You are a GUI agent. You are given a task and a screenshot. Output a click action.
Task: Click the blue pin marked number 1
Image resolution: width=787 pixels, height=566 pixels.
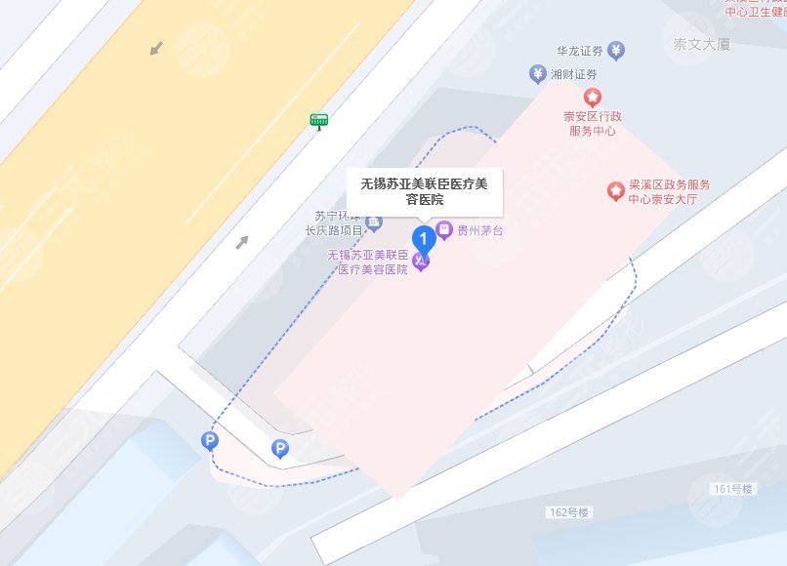423,237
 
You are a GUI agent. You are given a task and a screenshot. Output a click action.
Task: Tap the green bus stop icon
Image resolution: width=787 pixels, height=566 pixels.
318,120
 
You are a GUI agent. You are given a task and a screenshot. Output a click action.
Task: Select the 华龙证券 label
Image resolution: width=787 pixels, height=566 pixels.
580,50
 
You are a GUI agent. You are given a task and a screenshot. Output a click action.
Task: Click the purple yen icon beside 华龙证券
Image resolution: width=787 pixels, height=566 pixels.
615,50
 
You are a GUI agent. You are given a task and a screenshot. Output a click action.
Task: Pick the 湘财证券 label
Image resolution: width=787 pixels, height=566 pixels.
571,74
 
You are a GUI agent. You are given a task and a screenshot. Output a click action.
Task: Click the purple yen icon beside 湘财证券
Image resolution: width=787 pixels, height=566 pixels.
536,73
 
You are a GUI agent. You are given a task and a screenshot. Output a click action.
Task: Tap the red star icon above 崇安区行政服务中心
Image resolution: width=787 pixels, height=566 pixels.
591,97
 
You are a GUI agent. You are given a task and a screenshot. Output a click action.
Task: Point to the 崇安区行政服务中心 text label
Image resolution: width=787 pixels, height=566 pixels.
592,123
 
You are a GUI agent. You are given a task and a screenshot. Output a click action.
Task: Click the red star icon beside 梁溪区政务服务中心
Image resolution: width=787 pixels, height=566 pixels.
615,190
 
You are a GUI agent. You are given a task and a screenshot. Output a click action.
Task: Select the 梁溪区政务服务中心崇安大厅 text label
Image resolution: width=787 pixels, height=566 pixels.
669,191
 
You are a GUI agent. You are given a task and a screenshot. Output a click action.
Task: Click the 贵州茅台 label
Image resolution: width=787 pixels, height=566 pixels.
478,231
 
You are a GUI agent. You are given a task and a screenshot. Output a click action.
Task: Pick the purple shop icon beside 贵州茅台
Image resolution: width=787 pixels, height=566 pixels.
444,231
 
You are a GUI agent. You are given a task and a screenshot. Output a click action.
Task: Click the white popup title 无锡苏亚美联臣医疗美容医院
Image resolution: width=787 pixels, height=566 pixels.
425,191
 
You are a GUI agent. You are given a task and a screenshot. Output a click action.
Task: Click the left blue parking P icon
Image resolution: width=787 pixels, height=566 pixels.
209,441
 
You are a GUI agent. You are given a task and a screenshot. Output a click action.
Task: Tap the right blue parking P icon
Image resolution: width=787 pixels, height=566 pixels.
280,449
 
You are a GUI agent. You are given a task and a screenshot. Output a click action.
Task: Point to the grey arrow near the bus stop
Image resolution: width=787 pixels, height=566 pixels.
241,241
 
